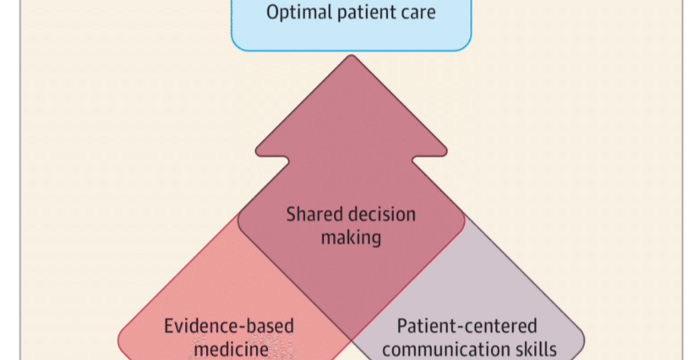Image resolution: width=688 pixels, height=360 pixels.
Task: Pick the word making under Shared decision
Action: pos(351,236)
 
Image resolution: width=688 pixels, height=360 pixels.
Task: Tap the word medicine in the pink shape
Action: pos(231,349)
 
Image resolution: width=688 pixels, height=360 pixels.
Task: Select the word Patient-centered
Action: pos(467,326)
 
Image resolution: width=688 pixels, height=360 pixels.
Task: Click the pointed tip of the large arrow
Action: pos(351,56)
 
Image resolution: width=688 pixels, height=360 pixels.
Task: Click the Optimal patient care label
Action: pos(351,12)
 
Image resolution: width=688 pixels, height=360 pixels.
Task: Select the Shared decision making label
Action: pos(351,225)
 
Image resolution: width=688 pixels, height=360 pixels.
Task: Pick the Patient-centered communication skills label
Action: pos(467,337)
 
